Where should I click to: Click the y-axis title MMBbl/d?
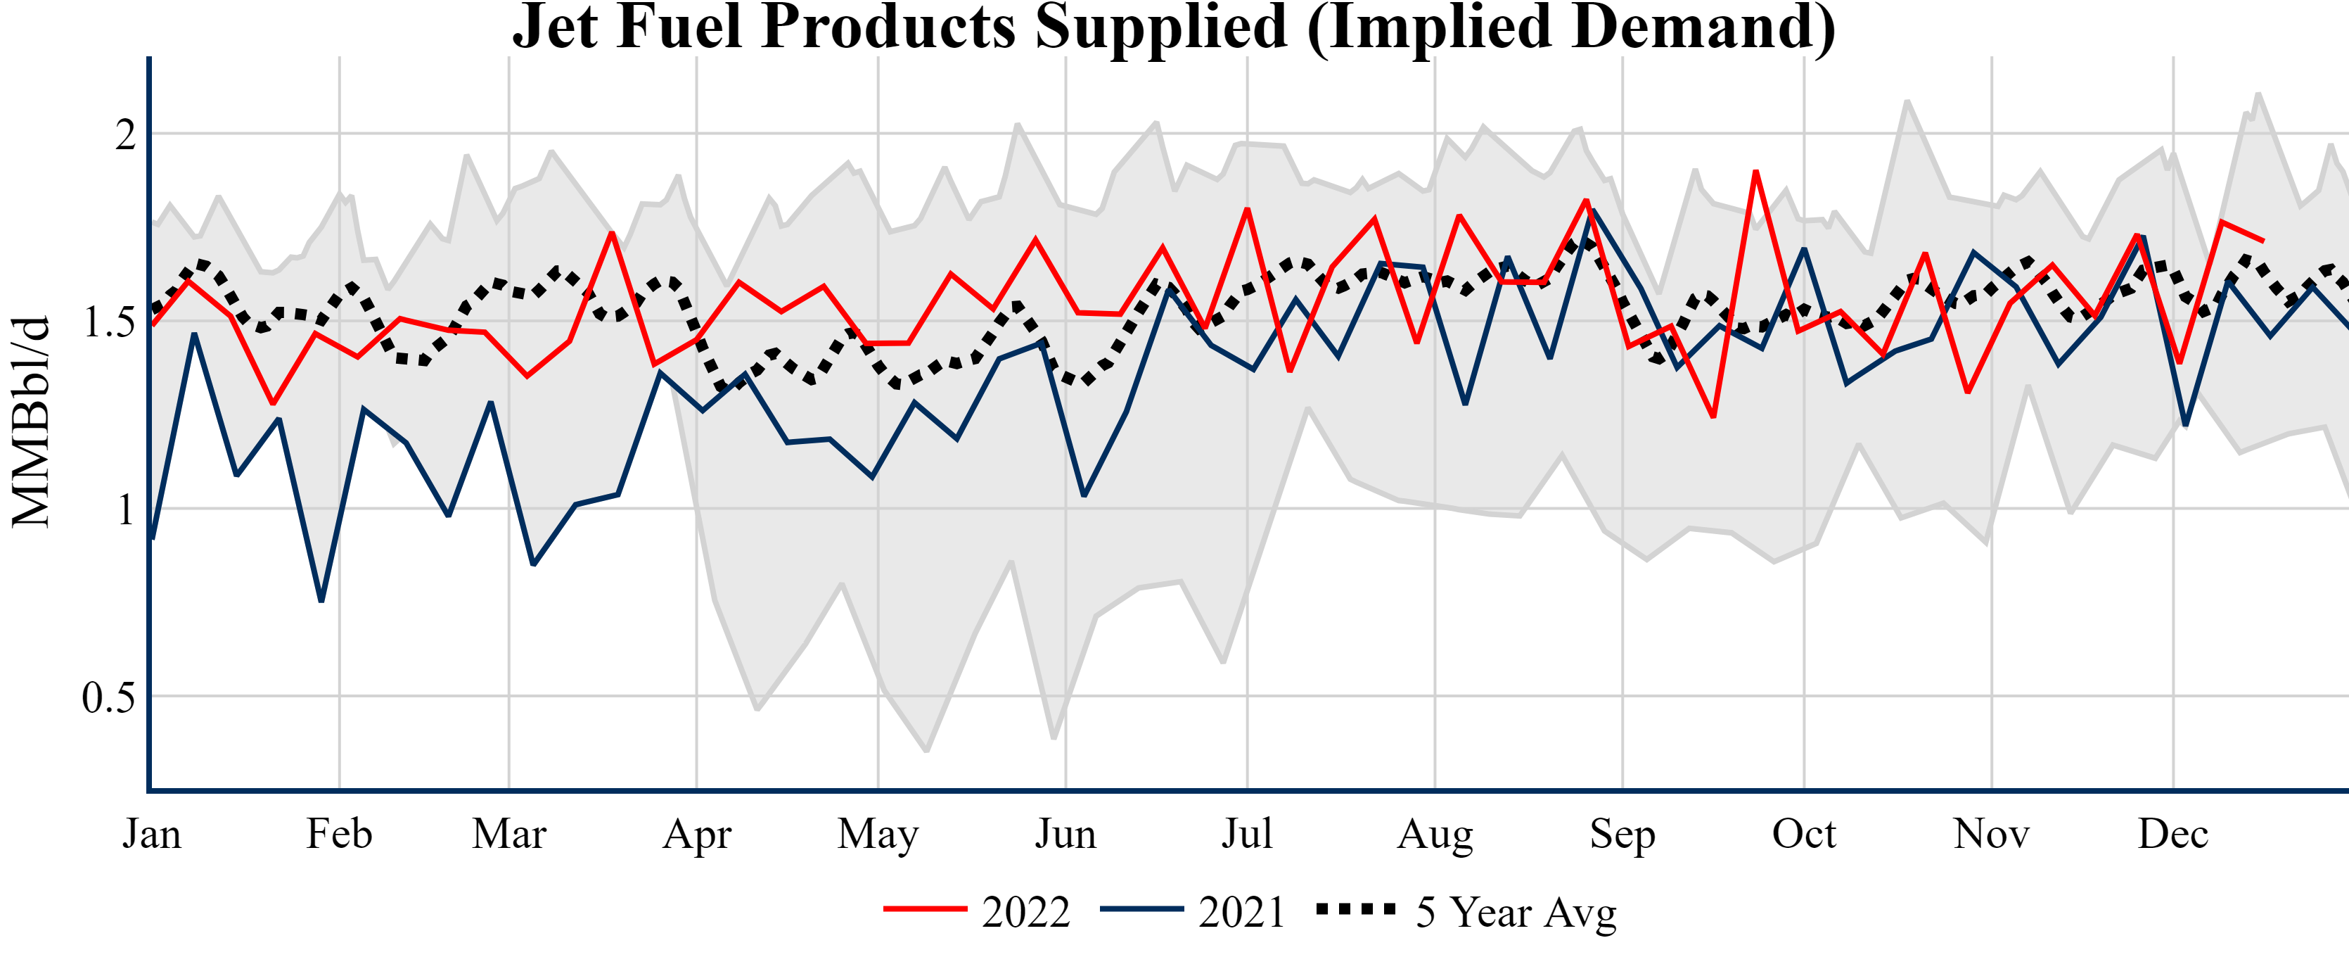tap(31, 422)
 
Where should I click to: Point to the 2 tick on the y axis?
tap(126, 135)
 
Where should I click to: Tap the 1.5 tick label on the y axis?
tap(110, 322)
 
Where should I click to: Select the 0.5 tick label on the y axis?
tap(108, 698)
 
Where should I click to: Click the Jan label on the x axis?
tap(151, 834)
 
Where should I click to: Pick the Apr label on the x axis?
tap(697, 834)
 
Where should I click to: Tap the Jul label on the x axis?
tap(1246, 834)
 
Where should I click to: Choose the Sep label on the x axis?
tap(1622, 834)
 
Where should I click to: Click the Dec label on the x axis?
tap(2173, 834)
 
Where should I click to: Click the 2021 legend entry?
tap(1193, 911)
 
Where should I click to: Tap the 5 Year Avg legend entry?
tap(1466, 911)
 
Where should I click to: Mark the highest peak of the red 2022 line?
tap(1755, 172)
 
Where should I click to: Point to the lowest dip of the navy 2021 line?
tap(321, 601)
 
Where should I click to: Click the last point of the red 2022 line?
tap(2263, 241)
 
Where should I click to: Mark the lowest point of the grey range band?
tap(926, 751)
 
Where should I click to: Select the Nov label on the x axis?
tap(1990, 834)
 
